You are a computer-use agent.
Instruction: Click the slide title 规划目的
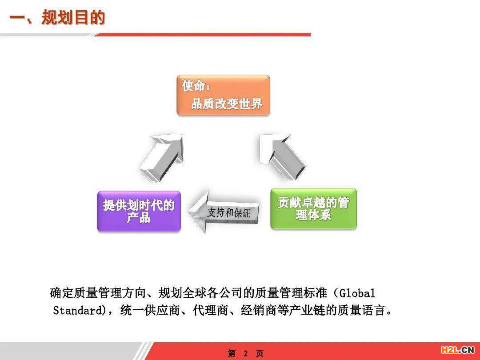tap(73, 17)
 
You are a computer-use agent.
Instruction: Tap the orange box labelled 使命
tap(224, 95)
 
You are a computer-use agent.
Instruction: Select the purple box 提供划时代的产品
tap(139, 211)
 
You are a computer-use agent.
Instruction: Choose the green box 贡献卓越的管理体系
tap(314, 209)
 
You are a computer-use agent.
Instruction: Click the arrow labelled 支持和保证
tap(224, 212)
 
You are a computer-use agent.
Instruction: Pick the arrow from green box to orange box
tap(282, 157)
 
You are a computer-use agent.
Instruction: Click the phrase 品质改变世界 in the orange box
tap(227, 104)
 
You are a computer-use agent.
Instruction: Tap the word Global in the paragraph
tap(357, 293)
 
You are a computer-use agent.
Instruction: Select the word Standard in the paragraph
tap(78, 310)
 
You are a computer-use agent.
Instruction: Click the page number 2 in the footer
tap(245, 354)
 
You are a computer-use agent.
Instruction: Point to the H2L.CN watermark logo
tap(457, 350)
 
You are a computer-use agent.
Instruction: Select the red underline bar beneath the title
tap(202, 35)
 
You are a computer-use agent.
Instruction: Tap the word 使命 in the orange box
tap(193, 86)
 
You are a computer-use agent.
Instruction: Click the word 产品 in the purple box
tap(139, 218)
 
